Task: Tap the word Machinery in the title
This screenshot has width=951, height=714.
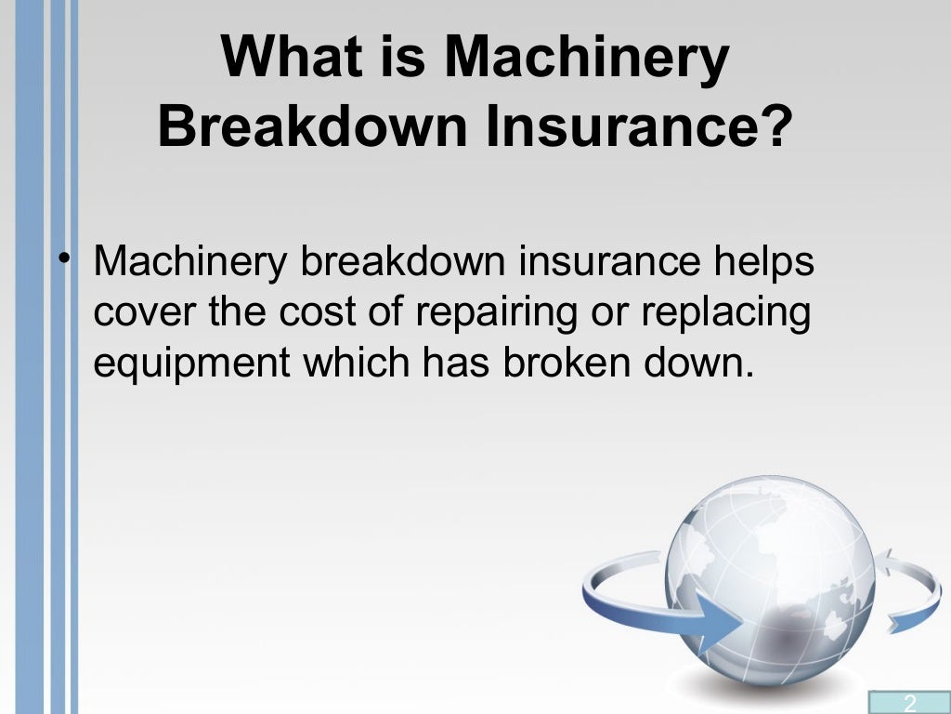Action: tap(586, 58)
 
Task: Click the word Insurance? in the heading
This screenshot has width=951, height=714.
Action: tap(635, 128)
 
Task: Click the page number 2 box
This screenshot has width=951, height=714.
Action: tap(909, 702)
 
